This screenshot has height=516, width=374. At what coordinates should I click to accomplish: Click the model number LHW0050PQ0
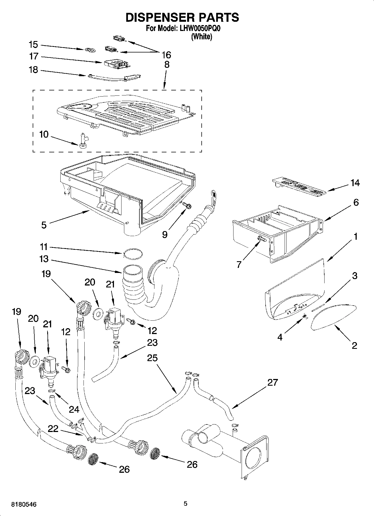click(201, 28)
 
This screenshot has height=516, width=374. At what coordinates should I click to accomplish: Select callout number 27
click(273, 382)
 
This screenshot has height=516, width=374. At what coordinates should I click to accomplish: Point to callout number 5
click(44, 225)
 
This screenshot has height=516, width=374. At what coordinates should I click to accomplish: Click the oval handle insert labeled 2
click(334, 318)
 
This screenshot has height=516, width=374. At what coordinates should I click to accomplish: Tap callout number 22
click(53, 429)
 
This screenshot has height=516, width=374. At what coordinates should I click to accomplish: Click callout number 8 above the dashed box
click(166, 64)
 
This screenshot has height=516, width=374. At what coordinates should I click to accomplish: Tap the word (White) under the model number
click(201, 37)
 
